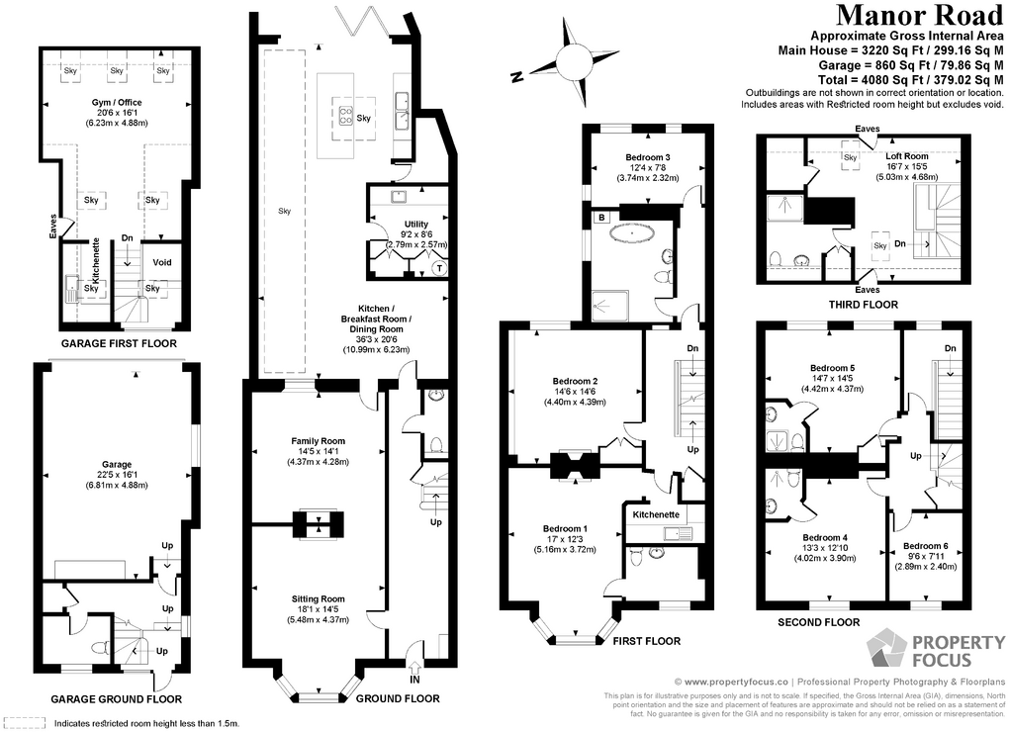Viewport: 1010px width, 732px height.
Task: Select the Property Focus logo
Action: click(919, 652)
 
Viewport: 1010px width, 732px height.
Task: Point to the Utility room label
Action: click(415, 225)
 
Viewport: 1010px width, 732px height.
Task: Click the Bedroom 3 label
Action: click(648, 157)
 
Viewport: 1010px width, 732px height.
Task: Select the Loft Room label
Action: click(906, 156)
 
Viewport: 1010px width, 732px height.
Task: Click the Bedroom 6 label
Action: click(926, 546)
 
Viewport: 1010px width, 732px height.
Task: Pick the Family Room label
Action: click(318, 440)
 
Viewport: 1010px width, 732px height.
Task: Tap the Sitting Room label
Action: click(318, 598)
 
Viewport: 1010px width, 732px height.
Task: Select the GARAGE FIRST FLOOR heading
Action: click(119, 344)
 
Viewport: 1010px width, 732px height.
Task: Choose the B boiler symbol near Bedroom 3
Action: click(600, 216)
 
